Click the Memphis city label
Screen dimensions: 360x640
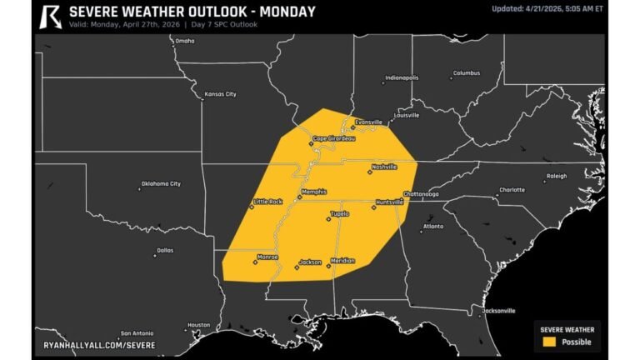coord(313,192)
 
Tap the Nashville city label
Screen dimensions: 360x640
coord(384,167)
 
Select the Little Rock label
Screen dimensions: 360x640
coord(268,202)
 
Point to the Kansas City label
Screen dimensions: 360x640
coord(220,94)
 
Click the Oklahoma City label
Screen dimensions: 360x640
coord(161,183)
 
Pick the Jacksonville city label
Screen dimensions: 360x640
coord(498,310)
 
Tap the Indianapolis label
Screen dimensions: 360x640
coord(402,78)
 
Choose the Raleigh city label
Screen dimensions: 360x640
coord(556,176)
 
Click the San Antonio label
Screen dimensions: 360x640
coord(137,332)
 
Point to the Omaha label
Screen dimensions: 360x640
coord(184,41)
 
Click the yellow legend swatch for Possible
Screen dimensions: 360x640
coord(549,342)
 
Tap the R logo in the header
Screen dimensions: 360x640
coord(51,15)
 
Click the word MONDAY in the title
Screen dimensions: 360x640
coord(286,12)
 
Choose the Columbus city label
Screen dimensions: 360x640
coord(466,72)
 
